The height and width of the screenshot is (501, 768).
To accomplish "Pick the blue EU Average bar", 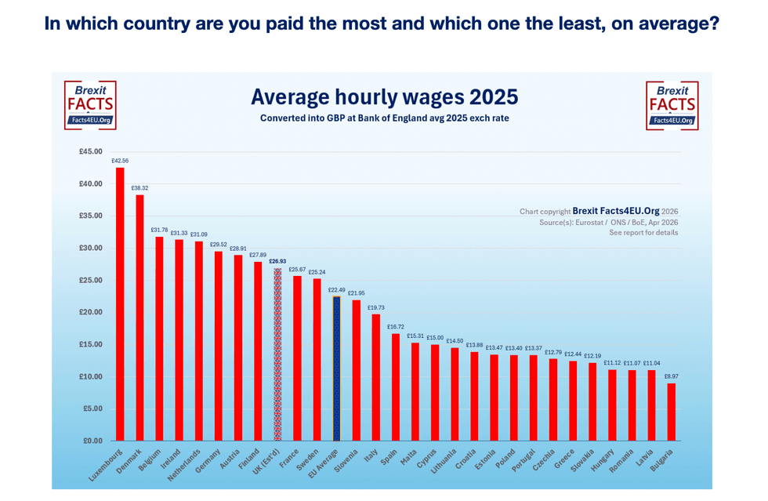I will tap(336, 368).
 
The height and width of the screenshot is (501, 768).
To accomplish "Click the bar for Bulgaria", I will tap(671, 412).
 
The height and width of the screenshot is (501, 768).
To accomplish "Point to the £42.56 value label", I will tap(120, 161).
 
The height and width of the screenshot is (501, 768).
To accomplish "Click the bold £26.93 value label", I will tap(277, 261).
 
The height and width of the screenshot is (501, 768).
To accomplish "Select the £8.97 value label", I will tap(672, 376).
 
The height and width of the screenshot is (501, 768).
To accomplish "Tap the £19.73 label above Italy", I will tap(376, 307).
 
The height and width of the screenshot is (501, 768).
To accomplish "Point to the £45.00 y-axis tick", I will tap(92, 151).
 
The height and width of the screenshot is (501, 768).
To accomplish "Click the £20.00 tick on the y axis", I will tap(92, 312).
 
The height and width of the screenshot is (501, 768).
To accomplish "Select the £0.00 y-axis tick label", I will tap(94, 441).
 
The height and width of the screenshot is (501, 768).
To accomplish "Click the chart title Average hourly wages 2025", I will tap(384, 97).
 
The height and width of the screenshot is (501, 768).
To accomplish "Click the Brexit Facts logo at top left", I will tap(90, 105).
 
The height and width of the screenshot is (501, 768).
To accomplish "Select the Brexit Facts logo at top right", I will tap(672, 105).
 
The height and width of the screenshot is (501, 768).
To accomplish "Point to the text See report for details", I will tap(643, 234).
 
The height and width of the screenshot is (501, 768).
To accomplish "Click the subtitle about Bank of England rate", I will tap(384, 118).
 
